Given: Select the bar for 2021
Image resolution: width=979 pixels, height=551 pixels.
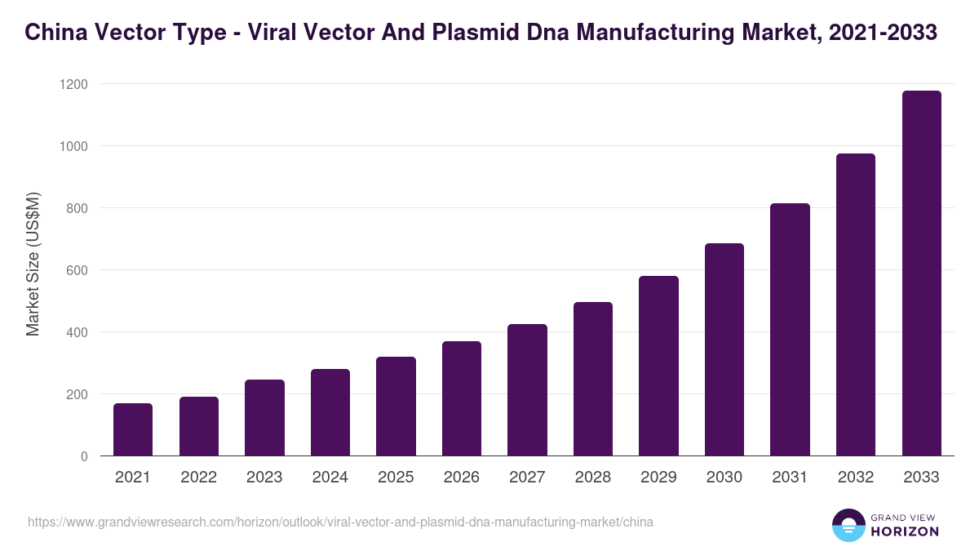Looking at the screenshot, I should [133, 429].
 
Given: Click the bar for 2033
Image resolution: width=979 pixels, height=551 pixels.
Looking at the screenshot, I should [921, 273].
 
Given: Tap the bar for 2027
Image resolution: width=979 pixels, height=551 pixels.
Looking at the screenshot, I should [527, 390].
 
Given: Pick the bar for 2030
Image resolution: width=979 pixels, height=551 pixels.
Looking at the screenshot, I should [724, 349].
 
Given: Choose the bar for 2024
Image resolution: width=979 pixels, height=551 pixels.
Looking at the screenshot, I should [330, 412].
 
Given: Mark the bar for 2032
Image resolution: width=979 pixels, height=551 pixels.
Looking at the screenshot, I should [856, 304].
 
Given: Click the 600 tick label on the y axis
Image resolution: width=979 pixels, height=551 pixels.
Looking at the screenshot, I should [78, 270].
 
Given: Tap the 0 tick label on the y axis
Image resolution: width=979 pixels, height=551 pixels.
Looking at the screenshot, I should [84, 456].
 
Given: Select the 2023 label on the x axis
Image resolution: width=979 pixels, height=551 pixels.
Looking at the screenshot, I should [264, 478].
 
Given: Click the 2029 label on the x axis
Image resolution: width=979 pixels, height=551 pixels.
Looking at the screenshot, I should [658, 478].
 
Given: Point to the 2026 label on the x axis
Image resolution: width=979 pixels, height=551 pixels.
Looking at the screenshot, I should [461, 478].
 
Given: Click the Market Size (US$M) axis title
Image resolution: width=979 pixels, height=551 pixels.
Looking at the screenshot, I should [33, 264].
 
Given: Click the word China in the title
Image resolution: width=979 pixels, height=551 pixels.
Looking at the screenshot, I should [53, 33].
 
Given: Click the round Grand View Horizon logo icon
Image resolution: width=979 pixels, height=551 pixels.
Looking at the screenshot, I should [848, 525].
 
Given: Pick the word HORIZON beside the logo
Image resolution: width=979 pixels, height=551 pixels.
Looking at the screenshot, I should [905, 531].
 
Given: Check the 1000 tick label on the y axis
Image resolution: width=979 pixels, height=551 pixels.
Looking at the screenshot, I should [73, 146].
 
